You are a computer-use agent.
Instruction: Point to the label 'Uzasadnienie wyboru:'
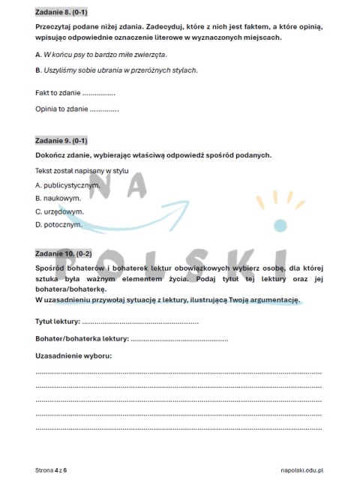73,355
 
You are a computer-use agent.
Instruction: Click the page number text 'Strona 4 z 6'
51,470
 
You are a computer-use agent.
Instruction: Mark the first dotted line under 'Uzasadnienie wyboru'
178,373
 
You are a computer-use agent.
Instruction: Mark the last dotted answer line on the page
178,428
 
